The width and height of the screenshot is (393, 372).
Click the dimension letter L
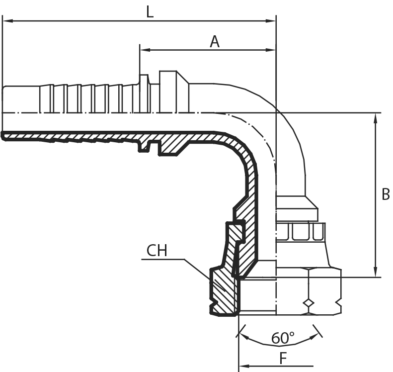click(x=150, y=12)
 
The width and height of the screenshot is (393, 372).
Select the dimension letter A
click(x=214, y=42)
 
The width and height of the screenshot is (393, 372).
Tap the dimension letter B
click(x=385, y=194)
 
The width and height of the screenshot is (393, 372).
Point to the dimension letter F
click(x=283, y=358)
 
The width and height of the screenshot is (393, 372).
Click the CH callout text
click(x=157, y=251)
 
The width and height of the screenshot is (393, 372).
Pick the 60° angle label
click(x=283, y=338)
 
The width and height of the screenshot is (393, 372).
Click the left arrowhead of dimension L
click(x=6, y=21)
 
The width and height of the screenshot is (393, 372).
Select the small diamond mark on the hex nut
click(x=309, y=303)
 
